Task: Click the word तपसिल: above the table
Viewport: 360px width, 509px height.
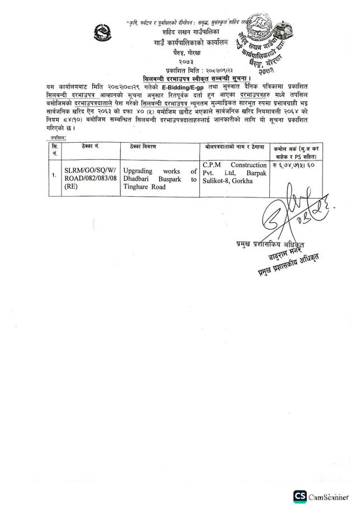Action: pos(56,136)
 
